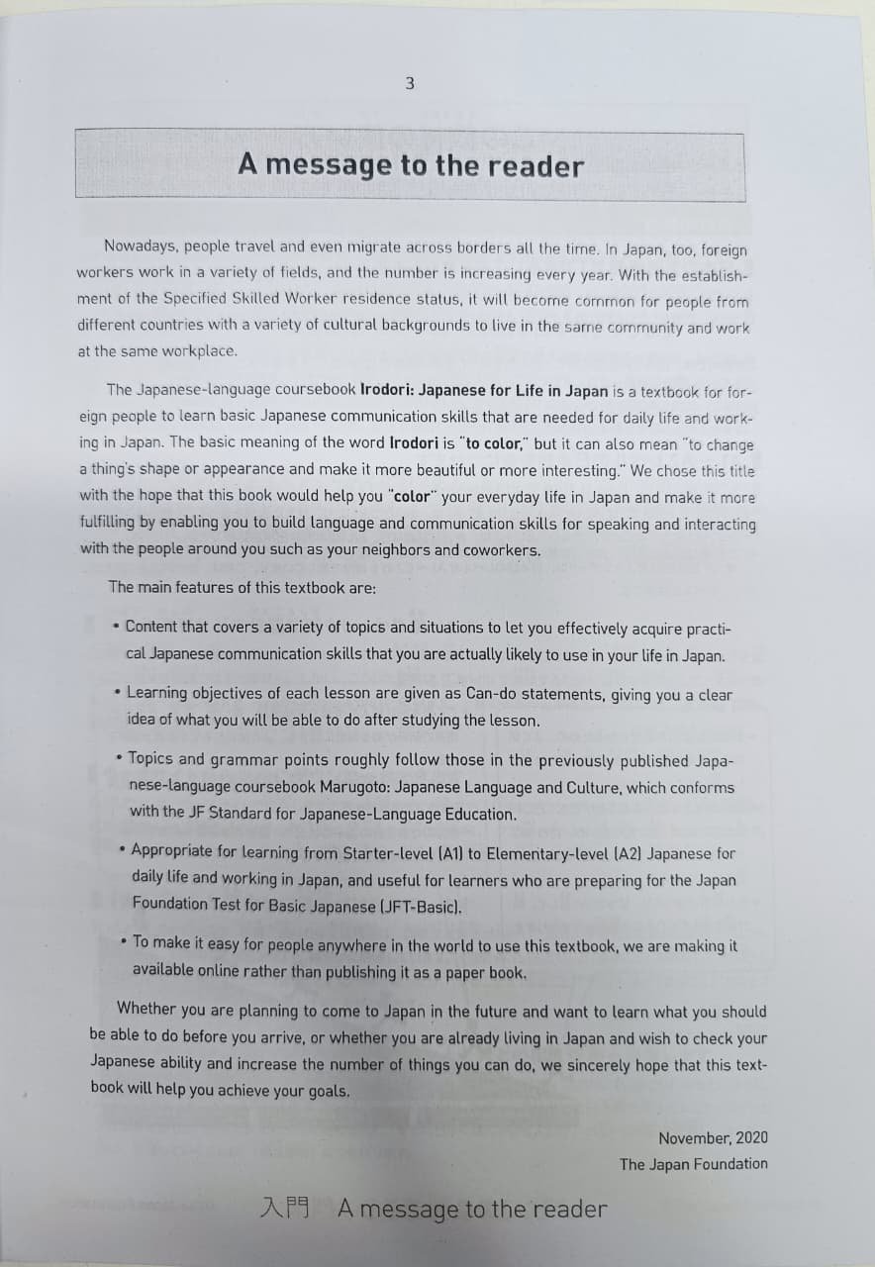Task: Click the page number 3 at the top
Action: (410, 84)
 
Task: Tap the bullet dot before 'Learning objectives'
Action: (119, 692)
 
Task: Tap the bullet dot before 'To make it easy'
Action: (123, 942)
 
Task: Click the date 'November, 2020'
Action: (713, 1138)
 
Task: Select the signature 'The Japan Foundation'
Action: (693, 1164)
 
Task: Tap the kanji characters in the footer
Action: (285, 1208)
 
